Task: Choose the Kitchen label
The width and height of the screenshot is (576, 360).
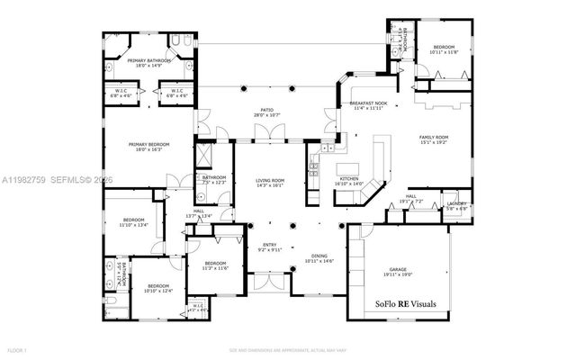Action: click(x=349, y=181)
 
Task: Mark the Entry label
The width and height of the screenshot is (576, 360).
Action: click(x=270, y=246)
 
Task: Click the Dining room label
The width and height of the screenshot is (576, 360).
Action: click(x=319, y=258)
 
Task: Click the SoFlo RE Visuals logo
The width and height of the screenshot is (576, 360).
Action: click(x=405, y=304)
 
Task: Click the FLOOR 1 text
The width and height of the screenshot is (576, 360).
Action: click(x=17, y=348)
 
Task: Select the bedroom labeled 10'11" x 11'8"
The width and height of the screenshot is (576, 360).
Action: click(x=445, y=49)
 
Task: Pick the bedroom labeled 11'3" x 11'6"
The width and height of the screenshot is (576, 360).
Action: click(x=217, y=266)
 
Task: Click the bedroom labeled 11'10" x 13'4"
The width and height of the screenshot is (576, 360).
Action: click(x=134, y=222)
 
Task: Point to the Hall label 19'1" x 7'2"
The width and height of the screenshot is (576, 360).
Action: click(x=409, y=199)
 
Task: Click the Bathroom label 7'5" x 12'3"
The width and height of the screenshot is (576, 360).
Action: click(x=214, y=180)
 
